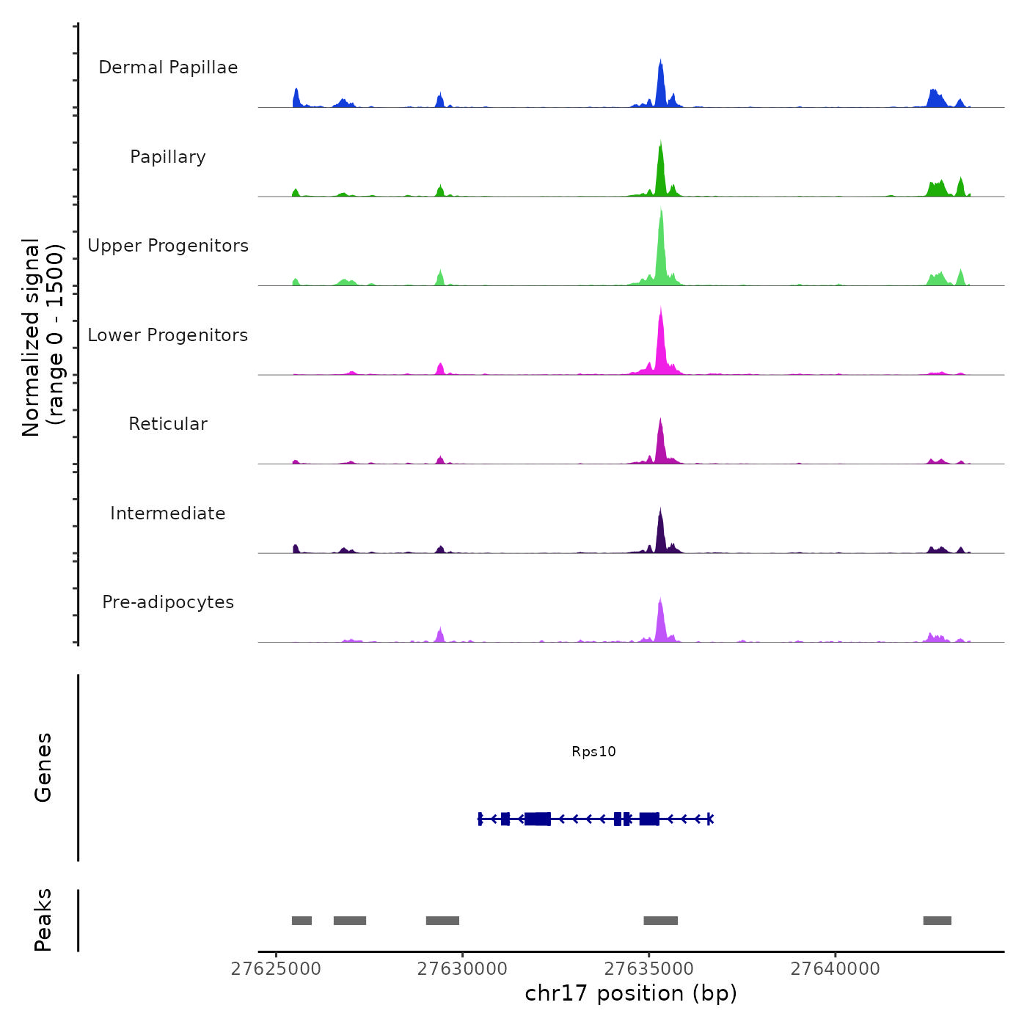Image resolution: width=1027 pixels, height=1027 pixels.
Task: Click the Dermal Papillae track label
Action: pos(168,67)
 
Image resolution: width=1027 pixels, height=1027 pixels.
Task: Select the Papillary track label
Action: pos(168,157)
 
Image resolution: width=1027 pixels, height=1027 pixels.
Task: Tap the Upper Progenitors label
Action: pos(168,246)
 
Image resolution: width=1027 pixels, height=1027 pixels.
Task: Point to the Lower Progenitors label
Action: pos(168,335)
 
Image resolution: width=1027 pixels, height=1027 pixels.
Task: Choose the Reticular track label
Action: pos(168,424)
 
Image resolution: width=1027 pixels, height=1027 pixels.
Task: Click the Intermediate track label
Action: pos(168,513)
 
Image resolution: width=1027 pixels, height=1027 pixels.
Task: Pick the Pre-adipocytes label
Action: pos(168,602)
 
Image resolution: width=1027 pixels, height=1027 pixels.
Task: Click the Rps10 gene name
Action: pos(593,751)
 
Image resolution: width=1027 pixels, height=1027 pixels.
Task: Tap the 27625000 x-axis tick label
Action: pos(276,969)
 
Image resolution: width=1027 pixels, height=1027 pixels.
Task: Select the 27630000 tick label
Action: pos(462,969)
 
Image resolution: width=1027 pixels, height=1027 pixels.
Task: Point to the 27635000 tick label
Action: pos(649,969)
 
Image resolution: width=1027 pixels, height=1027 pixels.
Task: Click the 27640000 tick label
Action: pos(835,969)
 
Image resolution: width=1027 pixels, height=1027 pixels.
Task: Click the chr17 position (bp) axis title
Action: pos(631,993)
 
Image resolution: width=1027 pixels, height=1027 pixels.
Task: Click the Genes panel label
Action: pos(43,767)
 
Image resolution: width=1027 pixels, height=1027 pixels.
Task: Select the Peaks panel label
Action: pos(43,920)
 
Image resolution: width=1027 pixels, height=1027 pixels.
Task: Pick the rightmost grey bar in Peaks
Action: pos(937,921)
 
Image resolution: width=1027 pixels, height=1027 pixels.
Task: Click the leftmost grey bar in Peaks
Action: pos(301,921)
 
